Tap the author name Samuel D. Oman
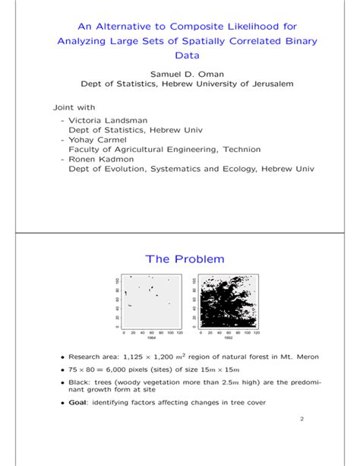click(179, 73)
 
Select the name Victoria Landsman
click(105, 120)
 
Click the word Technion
click(244, 150)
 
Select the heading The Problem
click(180, 259)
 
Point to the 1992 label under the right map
click(228, 339)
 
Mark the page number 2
click(301, 419)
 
